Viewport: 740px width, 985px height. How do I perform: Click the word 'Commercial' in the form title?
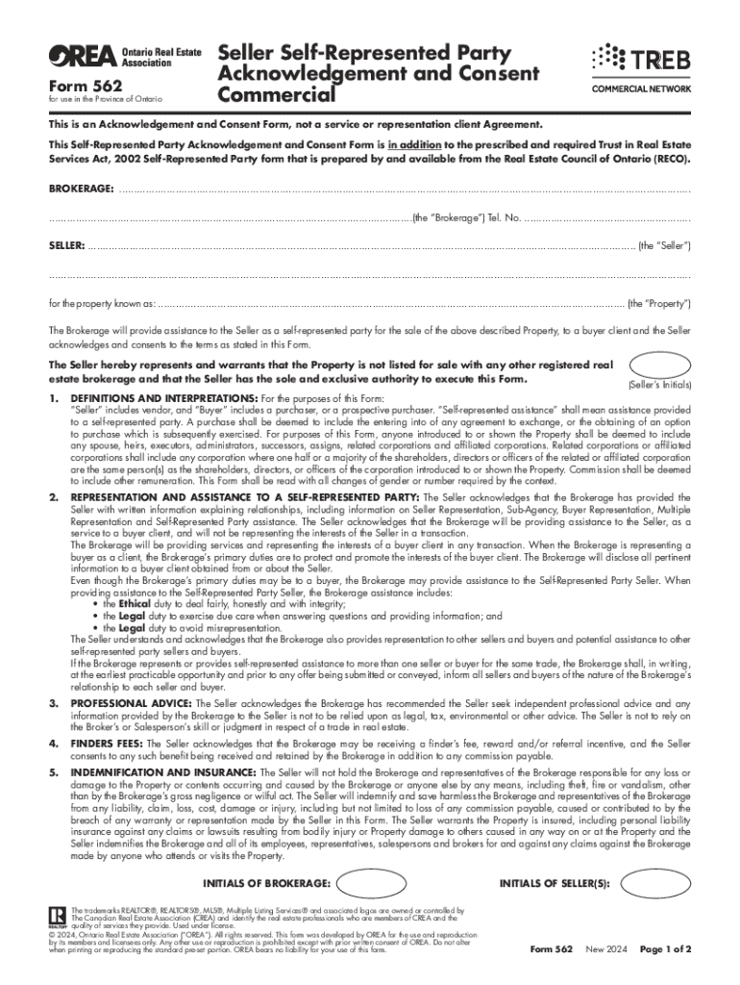[277, 95]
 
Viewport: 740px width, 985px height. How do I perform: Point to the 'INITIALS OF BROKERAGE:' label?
[268, 882]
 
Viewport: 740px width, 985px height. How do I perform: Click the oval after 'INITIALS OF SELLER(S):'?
[654, 882]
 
